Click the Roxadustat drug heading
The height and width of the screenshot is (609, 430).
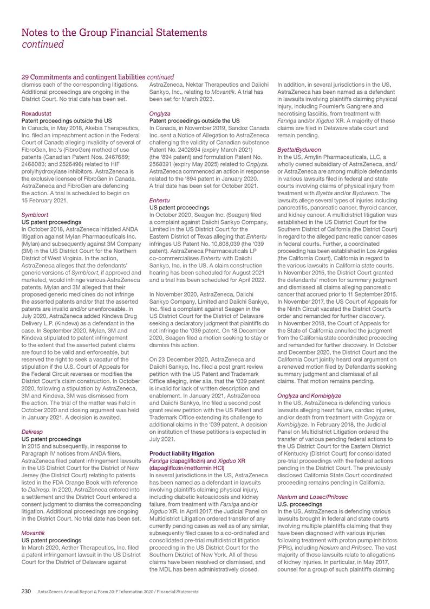(x=35, y=113)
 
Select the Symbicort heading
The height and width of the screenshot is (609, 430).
(x=34, y=215)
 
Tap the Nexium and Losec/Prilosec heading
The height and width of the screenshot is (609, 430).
(x=312, y=497)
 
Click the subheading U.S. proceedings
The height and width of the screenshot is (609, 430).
(x=299, y=504)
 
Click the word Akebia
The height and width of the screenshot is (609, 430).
(x=94, y=128)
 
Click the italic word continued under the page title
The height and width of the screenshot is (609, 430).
(x=42, y=44)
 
